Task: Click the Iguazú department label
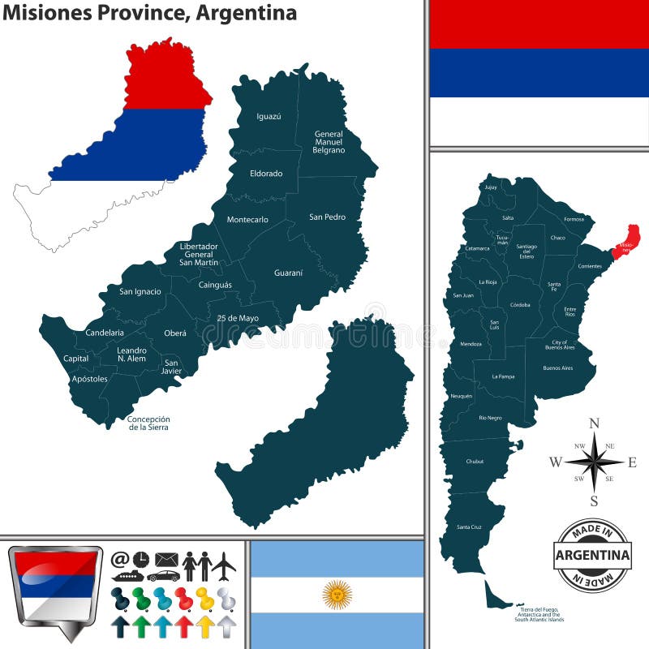pos(269,117)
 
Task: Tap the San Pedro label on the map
pos(327,217)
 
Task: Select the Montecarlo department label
pos(247,220)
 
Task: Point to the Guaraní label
pos(288,273)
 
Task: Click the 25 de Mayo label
pos(238,318)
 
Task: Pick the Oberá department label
pos(175,333)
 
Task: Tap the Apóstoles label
pos(89,379)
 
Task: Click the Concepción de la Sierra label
pos(149,423)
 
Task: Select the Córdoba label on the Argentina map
pos(520,305)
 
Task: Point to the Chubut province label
pos(475,462)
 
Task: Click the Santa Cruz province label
pos(469,527)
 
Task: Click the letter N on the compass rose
pos(594,423)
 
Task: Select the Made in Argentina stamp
pos(592,555)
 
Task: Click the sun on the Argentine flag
pos(337,595)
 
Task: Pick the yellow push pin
pos(204,598)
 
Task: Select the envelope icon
pos(166,560)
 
